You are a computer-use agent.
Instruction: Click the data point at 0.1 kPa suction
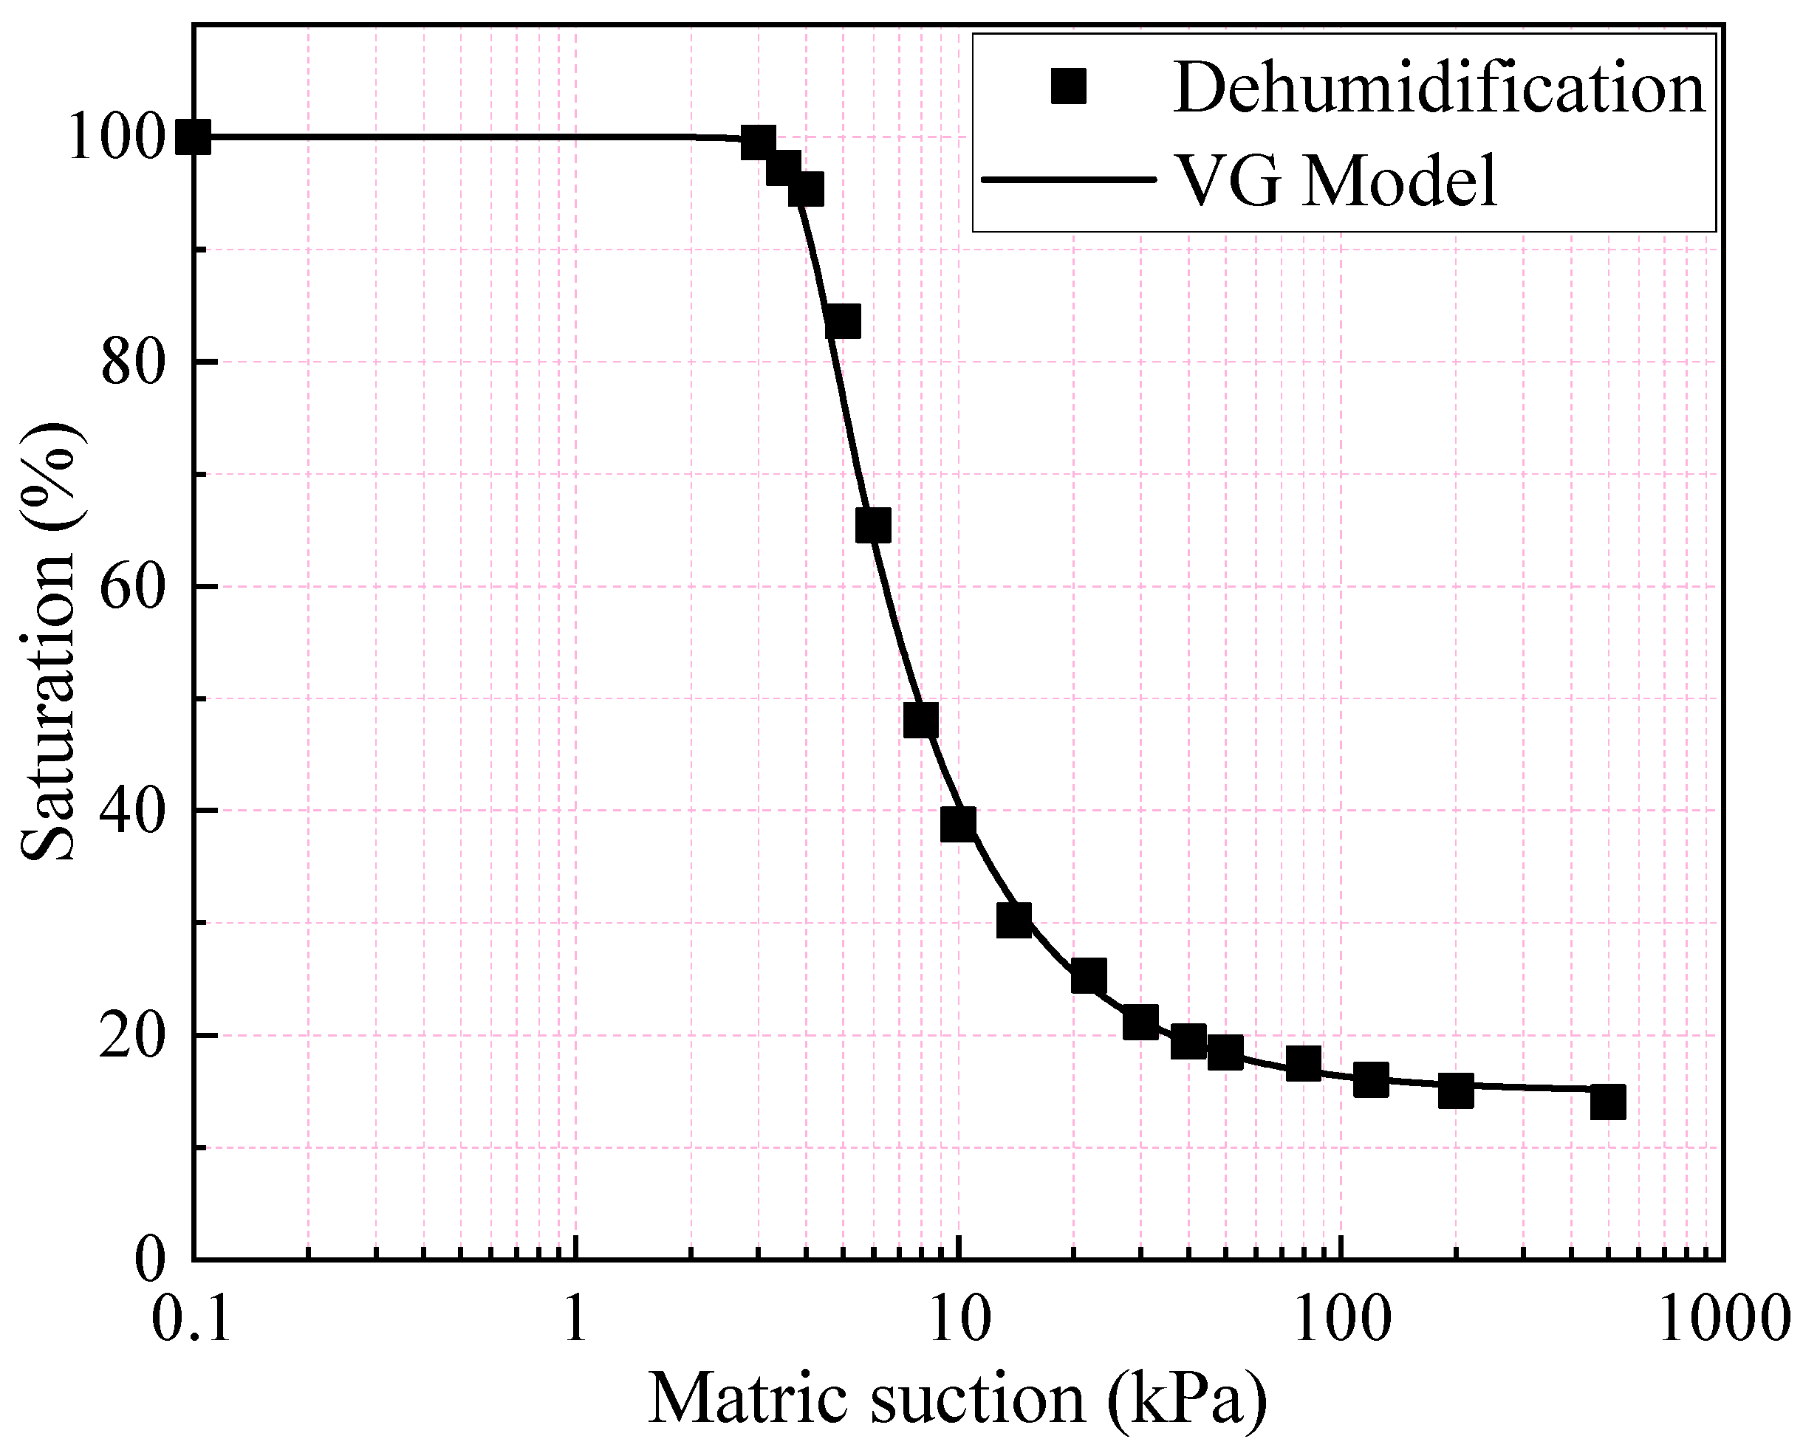point(194,137)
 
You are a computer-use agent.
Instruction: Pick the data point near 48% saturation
point(921,721)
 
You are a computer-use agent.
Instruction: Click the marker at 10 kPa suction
point(958,825)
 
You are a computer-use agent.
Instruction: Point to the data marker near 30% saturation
point(1014,921)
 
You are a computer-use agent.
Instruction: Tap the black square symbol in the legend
point(1069,87)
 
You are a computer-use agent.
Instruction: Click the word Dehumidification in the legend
point(1439,88)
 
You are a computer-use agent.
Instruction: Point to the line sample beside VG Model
point(1068,179)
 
